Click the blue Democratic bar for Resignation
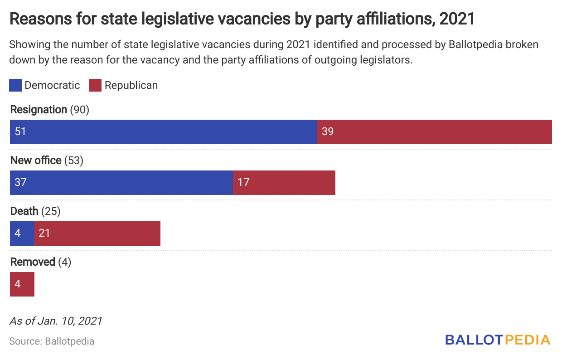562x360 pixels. (x=163, y=132)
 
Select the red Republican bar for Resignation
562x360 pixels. (x=434, y=132)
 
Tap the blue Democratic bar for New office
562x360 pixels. (x=121, y=183)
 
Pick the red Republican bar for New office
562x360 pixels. (x=284, y=183)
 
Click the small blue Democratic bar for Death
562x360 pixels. (x=22, y=234)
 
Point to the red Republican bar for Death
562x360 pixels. (x=97, y=234)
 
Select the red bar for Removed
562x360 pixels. (x=22, y=284)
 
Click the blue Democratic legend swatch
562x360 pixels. (x=15, y=85)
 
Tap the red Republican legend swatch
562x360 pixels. (x=95, y=85)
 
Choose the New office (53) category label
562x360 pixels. (x=47, y=161)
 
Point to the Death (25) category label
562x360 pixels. (x=35, y=211)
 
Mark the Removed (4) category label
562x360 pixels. (x=41, y=262)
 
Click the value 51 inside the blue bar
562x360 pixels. (x=20, y=132)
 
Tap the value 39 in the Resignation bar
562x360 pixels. (x=327, y=132)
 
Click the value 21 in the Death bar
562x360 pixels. (x=44, y=234)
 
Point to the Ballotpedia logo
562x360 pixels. (x=498, y=340)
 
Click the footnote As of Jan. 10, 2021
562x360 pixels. (x=56, y=321)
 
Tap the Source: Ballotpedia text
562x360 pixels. (x=52, y=341)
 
